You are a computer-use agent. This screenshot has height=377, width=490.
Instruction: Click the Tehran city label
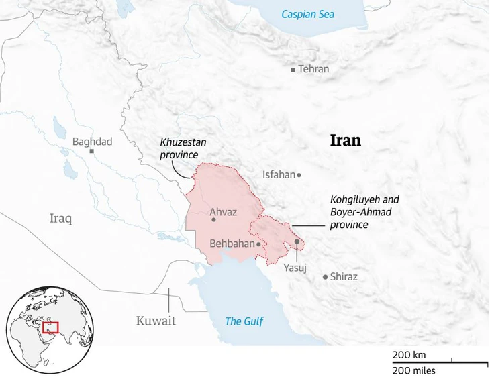[314, 69]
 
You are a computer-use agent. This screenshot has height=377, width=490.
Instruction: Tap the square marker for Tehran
[293, 69]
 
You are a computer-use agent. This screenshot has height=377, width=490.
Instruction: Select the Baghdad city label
[92, 142]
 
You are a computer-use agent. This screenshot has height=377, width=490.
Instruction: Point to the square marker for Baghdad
[92, 152]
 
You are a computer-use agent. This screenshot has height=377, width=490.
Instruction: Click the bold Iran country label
[346, 140]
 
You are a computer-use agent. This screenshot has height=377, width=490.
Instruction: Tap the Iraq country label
[60, 218]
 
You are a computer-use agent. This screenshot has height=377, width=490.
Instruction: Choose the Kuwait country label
[156, 321]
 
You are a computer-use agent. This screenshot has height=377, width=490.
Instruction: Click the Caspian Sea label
[307, 14]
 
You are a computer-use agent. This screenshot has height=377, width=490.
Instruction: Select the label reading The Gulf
[244, 321]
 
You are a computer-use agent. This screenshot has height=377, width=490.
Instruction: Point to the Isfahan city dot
[299, 175]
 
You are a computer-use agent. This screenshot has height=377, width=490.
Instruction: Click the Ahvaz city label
[224, 212]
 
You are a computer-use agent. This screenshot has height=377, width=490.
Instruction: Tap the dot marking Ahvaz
[213, 219]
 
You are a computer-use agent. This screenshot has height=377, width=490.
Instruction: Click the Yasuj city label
[295, 268]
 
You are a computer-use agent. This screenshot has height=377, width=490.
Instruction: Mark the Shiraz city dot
[326, 276]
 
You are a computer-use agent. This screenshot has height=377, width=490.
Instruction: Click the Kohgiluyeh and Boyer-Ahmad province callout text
[364, 212]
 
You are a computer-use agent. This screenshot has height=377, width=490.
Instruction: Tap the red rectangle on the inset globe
[50, 327]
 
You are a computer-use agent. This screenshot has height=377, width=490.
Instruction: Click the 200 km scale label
[409, 354]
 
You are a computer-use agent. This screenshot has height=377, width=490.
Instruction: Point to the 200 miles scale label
[414, 370]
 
